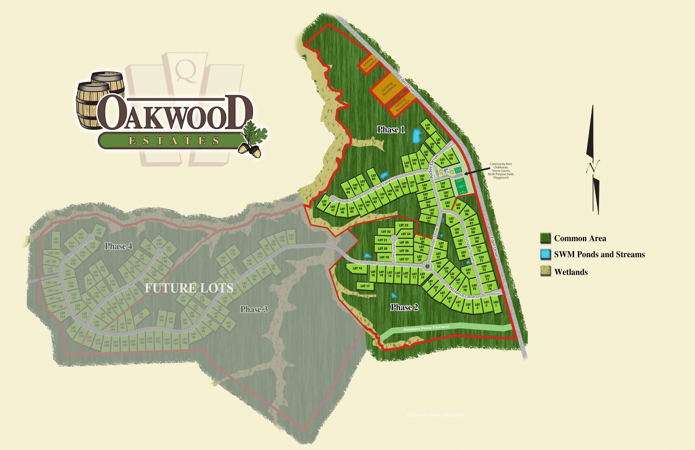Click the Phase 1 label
tap(391, 130)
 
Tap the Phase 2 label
tap(404, 307)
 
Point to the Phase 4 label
tap(118, 246)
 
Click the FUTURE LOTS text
tap(189, 288)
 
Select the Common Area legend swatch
tap(545, 238)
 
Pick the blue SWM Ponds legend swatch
tap(545, 254)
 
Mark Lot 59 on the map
tap(427, 127)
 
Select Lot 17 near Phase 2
tap(365, 286)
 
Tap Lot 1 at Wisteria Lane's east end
tap(496, 304)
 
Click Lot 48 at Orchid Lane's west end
tap(324, 203)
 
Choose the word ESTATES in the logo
tap(174, 141)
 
